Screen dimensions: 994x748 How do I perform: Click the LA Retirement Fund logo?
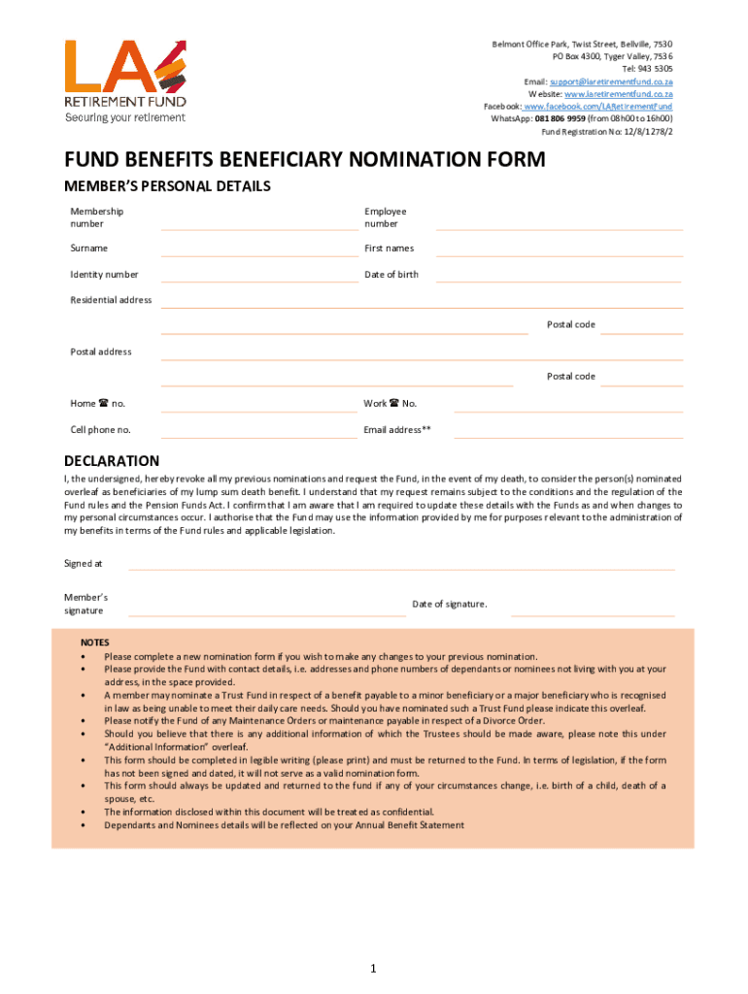pyautogui.click(x=125, y=81)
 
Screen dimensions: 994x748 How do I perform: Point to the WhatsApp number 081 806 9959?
pyautogui.click(x=560, y=119)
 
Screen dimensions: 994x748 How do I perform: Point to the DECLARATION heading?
pyautogui.click(x=112, y=461)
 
